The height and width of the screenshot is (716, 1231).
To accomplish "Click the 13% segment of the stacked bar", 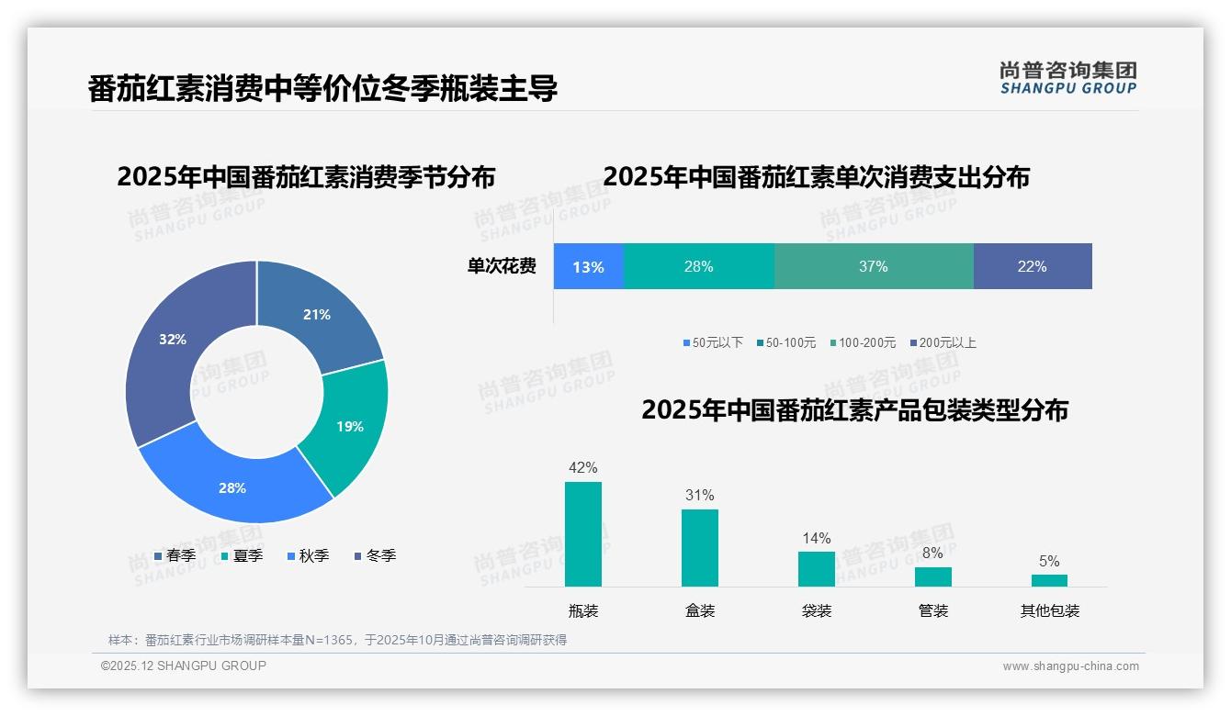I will (x=588, y=267).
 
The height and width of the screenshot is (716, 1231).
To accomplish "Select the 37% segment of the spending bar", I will (x=873, y=267).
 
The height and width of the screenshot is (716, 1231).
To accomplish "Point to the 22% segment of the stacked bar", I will (x=1032, y=267).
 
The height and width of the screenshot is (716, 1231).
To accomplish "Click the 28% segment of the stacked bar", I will (x=698, y=267).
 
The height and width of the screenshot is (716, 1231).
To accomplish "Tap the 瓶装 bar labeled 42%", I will (x=582, y=534).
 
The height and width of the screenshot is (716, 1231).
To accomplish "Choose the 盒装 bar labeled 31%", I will (x=699, y=548).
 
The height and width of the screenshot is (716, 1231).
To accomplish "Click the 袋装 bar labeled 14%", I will (x=816, y=569).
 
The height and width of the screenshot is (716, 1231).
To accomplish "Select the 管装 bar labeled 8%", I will (x=932, y=576).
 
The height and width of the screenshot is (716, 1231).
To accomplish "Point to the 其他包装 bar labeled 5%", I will (x=1049, y=580).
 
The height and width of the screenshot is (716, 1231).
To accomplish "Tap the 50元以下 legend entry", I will (x=712, y=343).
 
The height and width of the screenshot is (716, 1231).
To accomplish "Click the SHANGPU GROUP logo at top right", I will (x=1067, y=78).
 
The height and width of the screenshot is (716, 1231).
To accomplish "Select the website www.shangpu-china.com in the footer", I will (x=1070, y=666).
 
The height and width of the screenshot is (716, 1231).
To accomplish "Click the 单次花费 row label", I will (x=502, y=267).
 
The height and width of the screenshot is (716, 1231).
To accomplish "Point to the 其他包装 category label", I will (x=1049, y=611).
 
